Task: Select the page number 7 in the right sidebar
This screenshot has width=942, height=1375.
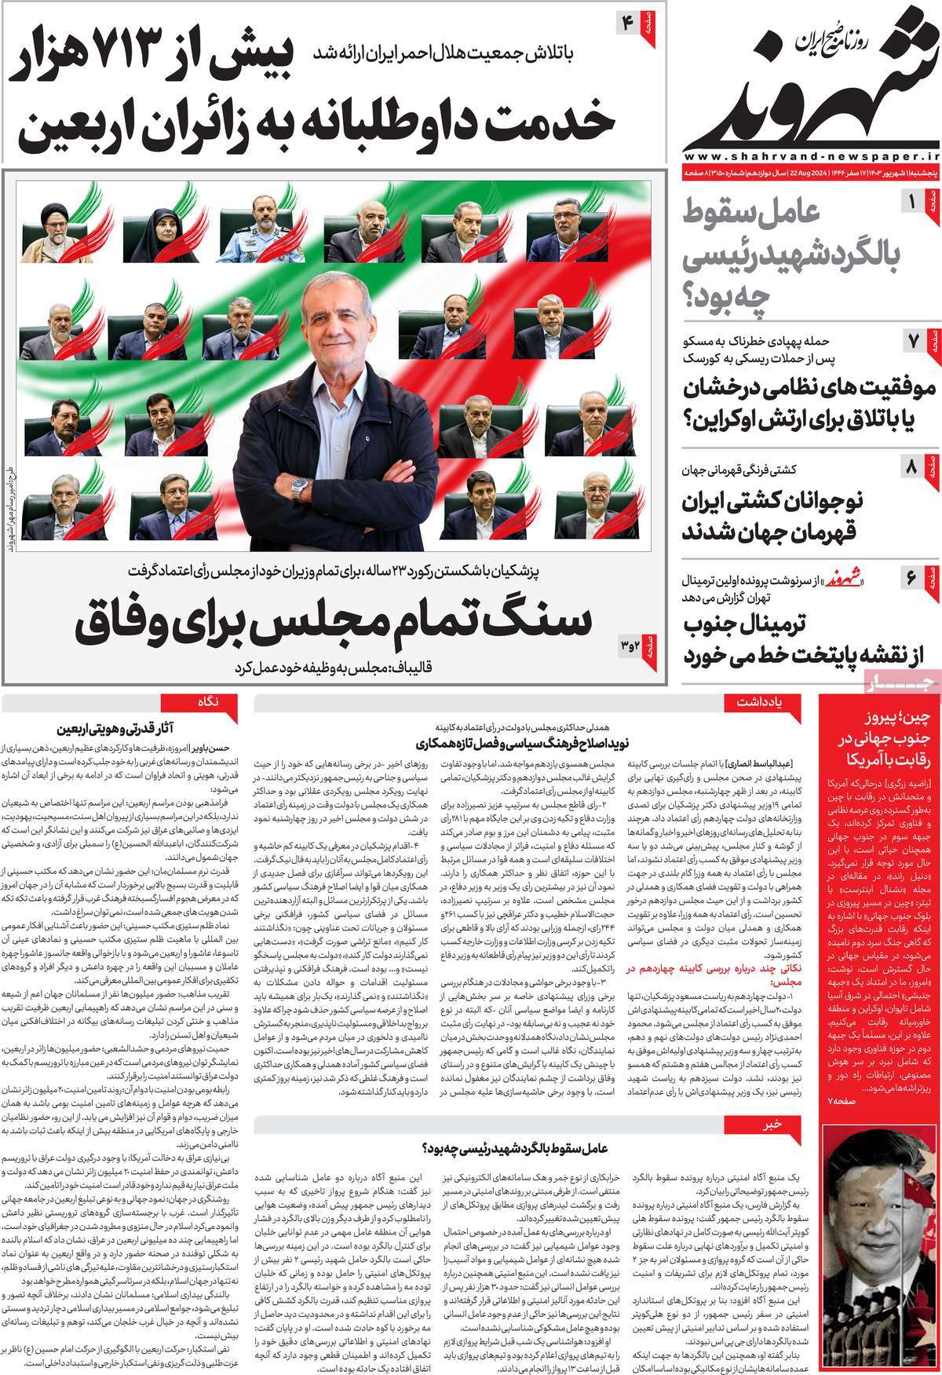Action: coord(913,342)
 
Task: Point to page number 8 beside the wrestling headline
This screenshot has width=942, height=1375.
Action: coord(911,470)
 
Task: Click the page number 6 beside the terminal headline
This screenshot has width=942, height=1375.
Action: coord(911,578)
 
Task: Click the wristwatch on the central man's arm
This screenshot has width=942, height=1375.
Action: coord(299,492)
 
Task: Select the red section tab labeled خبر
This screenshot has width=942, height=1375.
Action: coord(773,1125)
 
